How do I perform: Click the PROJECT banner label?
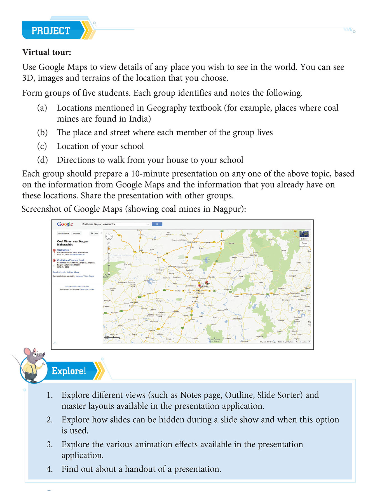(51, 31)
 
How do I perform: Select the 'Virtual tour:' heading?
(47, 52)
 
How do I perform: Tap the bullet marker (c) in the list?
(42, 146)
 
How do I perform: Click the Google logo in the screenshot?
(65, 224)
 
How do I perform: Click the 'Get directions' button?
(64, 233)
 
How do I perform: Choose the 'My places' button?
(76, 233)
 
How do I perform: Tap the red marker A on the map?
(207, 282)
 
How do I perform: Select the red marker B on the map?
(200, 286)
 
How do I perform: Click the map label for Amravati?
(134, 302)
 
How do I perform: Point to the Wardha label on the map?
(175, 311)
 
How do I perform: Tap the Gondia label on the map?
(254, 274)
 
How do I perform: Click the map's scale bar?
(112, 337)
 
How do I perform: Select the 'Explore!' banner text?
(69, 371)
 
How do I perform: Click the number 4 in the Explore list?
(50, 469)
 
